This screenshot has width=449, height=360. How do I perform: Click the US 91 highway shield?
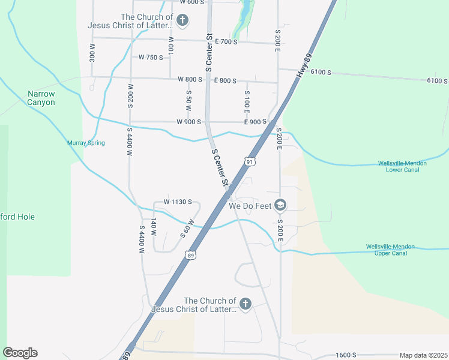point(250,161)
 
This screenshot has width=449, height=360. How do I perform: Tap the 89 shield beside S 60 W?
point(190,255)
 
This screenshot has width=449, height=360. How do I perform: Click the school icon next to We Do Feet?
point(280,205)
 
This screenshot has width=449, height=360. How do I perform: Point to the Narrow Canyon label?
point(41,98)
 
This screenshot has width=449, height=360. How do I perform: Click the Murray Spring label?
point(86,143)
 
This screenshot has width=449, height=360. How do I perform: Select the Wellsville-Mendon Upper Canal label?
point(395,250)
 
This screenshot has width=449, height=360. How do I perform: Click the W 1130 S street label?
point(177,202)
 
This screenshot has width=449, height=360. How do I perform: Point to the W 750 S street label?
point(151,58)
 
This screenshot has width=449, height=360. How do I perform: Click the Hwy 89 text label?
point(304,64)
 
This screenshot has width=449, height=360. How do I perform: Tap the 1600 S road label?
point(346,355)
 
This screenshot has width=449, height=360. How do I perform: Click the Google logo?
point(20,353)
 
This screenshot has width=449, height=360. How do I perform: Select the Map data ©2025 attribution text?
point(423,355)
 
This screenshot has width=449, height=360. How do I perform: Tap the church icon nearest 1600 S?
point(246,304)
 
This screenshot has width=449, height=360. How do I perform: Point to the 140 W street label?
point(154,228)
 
